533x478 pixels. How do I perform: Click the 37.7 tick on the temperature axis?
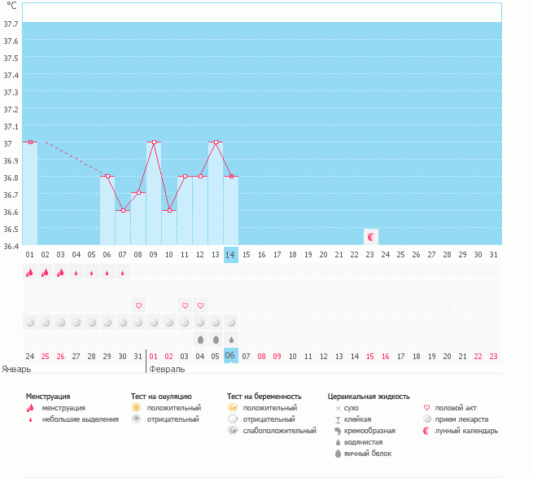click(11, 24)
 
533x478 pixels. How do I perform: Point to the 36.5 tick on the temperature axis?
click(11, 229)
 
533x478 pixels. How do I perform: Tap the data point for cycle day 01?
click(30, 142)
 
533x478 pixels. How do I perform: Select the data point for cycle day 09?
click(154, 142)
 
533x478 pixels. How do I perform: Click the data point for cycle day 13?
click(216, 142)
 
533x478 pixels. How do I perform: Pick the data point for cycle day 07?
click(123, 210)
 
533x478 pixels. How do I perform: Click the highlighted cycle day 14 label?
click(231, 255)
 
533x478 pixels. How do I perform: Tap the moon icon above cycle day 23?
click(371, 236)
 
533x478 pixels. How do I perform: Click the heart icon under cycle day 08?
click(138, 305)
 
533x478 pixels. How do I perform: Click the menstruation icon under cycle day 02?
click(46, 273)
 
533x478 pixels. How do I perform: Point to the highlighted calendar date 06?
click(231, 356)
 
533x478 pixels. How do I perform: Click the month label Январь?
click(17, 369)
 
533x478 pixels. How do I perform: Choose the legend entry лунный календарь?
click(465, 431)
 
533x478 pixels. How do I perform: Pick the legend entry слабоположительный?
click(278, 431)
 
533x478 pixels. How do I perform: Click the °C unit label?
click(11, 7)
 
